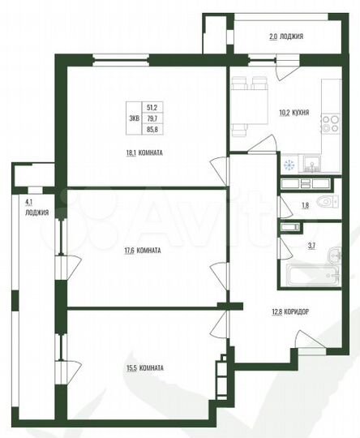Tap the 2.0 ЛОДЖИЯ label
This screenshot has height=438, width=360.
coord(286,36)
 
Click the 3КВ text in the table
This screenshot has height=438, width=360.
coord(133,117)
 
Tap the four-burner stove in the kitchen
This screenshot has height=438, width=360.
coord(329,122)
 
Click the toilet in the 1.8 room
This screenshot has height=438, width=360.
coord(326,203)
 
